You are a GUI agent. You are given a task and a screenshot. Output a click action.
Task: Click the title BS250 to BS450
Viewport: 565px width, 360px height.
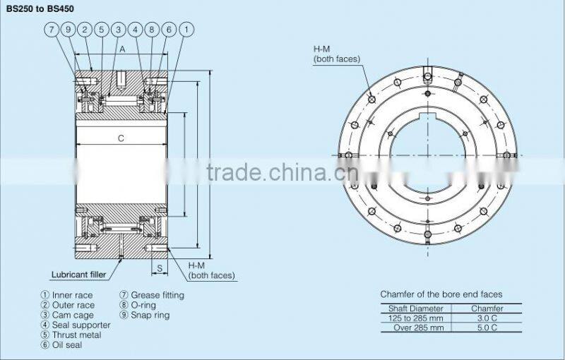click(x=41, y=9)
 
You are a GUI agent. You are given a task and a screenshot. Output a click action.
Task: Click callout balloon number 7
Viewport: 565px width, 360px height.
click(x=52, y=30)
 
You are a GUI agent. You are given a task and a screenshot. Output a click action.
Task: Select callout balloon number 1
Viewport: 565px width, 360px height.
click(x=186, y=30)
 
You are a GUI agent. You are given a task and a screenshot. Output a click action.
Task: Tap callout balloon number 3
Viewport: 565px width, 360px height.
click(x=118, y=30)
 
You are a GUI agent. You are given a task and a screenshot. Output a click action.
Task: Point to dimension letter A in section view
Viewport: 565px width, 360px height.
click(x=121, y=49)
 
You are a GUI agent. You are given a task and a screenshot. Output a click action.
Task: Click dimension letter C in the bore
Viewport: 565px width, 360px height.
click(x=121, y=138)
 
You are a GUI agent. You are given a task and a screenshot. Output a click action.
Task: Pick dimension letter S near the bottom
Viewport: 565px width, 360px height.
click(x=160, y=268)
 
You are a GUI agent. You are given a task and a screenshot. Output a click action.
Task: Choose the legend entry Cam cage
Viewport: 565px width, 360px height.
click(x=67, y=315)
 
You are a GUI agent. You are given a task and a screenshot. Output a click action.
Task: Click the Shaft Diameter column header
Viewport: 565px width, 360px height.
click(x=416, y=308)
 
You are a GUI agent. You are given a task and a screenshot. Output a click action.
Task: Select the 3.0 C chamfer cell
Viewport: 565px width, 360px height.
click(x=487, y=318)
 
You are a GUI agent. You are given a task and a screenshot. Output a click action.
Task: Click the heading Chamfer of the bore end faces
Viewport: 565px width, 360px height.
click(x=441, y=294)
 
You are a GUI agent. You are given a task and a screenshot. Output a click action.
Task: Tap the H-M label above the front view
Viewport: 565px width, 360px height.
click(x=323, y=49)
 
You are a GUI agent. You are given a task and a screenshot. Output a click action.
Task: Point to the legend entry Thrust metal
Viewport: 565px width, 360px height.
click(x=71, y=335)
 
